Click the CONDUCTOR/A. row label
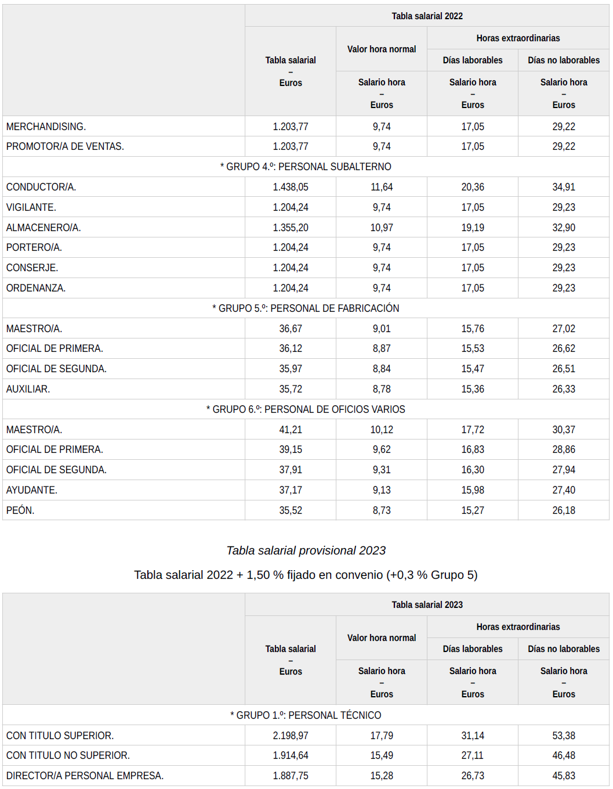(x=41, y=187)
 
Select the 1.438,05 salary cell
(x=291, y=187)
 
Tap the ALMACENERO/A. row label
(x=43, y=228)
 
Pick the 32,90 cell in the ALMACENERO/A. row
(x=564, y=228)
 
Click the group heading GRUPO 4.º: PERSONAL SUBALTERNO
(x=306, y=167)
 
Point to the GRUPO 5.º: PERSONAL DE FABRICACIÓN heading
(x=306, y=308)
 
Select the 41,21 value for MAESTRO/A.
(x=291, y=430)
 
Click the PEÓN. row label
(x=20, y=510)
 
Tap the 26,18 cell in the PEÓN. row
(x=564, y=510)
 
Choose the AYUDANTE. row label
(x=32, y=490)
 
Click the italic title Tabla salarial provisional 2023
(x=306, y=550)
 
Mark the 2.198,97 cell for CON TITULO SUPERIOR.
(x=291, y=736)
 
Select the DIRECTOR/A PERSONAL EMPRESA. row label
(x=85, y=776)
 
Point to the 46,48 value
(x=564, y=755)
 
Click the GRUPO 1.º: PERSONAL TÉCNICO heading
(x=306, y=715)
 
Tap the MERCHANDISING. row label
(x=46, y=127)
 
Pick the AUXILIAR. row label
(x=28, y=389)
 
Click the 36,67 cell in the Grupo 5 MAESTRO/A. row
(x=291, y=329)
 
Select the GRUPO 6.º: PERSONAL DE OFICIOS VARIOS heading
(x=306, y=409)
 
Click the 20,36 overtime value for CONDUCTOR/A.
(x=473, y=187)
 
